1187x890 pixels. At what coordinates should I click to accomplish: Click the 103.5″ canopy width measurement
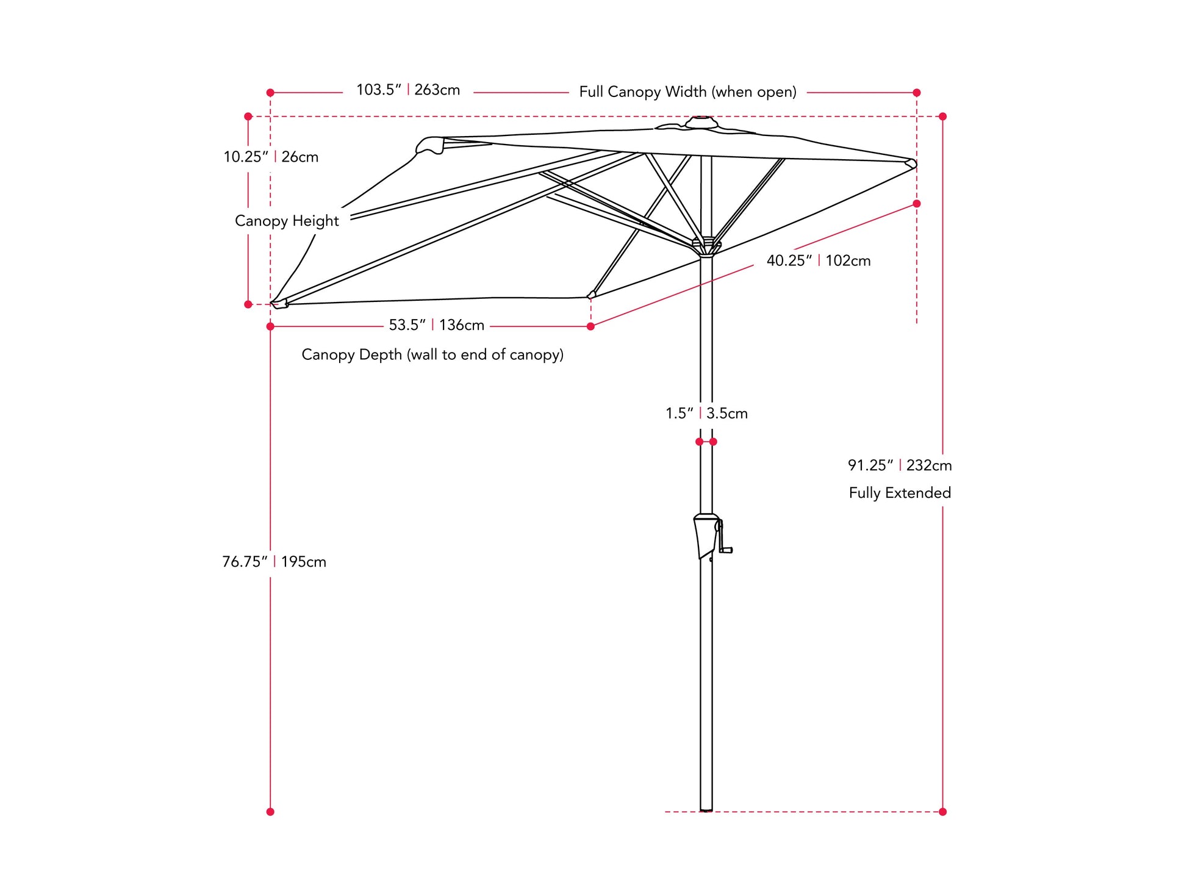408,90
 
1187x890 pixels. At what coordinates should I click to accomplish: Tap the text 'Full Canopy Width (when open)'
687,92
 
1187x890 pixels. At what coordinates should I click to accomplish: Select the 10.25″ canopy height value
271,157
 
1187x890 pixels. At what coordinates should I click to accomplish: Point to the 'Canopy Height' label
287,221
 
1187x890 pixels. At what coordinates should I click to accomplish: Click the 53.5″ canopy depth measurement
437,325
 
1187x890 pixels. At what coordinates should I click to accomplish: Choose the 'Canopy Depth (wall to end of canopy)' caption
432,354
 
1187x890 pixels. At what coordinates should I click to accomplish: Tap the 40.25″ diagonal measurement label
819,260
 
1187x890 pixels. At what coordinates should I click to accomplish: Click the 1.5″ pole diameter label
706,414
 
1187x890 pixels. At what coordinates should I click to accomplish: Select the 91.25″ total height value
900,465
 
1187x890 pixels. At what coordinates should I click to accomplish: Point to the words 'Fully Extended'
900,493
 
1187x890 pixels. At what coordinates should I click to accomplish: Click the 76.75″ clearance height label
274,562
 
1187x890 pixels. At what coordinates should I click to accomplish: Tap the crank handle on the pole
724,537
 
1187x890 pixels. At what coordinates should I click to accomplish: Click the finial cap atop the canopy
701,123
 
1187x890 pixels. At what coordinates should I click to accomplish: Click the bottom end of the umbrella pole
706,811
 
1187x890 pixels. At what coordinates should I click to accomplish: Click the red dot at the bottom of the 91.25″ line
942,812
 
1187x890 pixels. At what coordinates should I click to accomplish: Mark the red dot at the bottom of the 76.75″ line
270,812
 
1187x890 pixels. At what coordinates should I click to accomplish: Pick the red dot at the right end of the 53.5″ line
590,327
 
